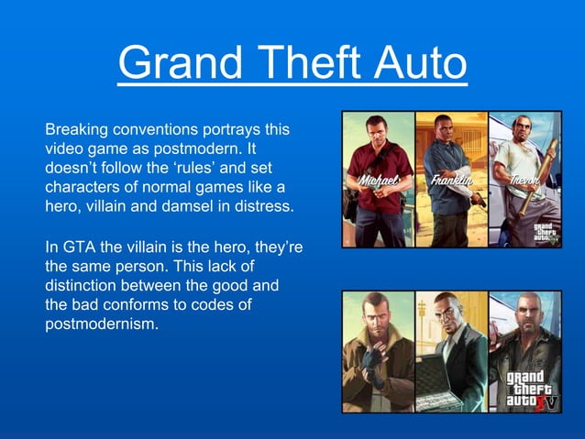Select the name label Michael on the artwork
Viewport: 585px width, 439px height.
378,181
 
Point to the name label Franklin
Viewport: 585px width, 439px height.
450,181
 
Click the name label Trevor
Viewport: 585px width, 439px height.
524,181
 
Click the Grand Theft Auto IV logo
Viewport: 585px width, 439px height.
532,390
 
